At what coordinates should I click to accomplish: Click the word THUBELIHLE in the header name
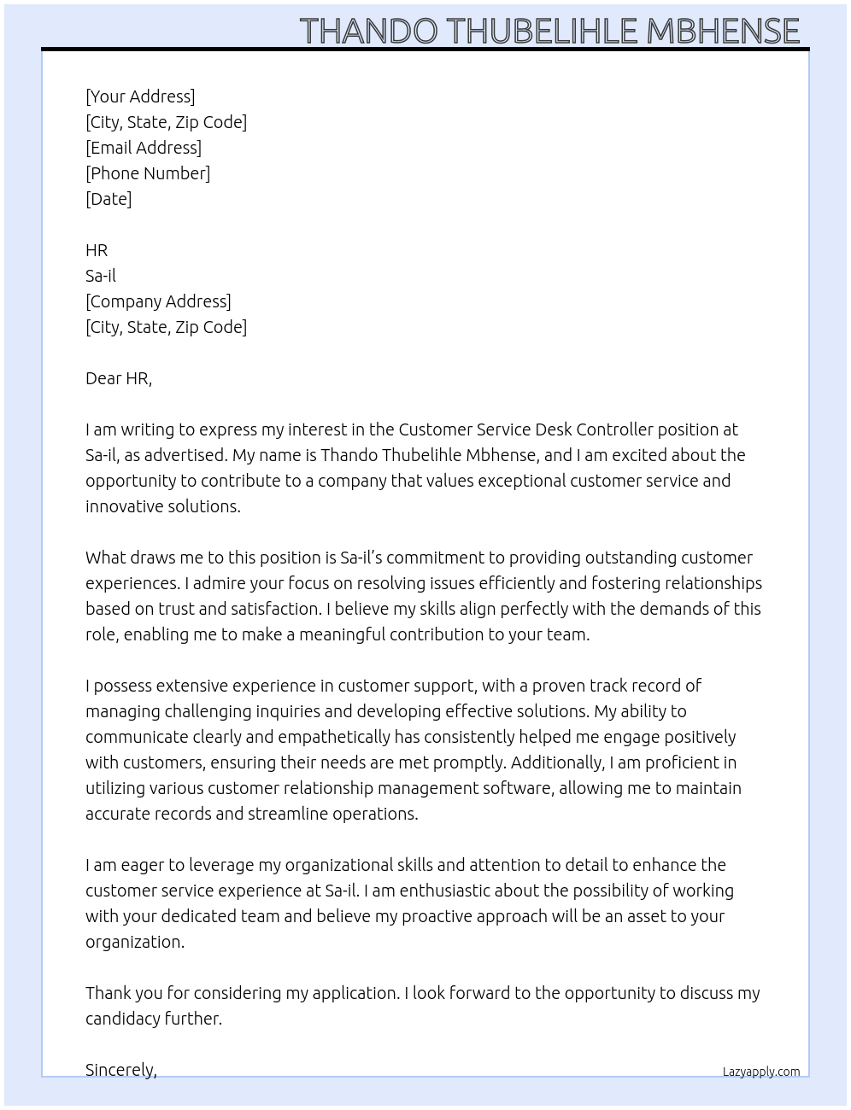[x=543, y=31]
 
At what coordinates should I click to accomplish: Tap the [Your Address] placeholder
[x=140, y=96]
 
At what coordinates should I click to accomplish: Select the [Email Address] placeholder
[x=144, y=148]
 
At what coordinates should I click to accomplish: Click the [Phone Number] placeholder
[x=148, y=173]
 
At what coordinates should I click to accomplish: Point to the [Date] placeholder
[x=109, y=199]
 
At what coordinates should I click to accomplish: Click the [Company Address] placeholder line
[x=158, y=301]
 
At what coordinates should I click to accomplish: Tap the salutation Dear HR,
[x=119, y=378]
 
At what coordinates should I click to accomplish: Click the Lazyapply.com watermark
[x=761, y=1072]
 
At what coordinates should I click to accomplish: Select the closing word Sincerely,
[x=121, y=1070]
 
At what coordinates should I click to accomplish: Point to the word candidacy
[x=122, y=1019]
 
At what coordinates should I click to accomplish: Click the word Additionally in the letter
[x=559, y=762]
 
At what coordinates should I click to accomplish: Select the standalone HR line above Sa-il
[x=97, y=250]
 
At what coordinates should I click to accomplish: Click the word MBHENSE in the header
[x=723, y=31]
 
